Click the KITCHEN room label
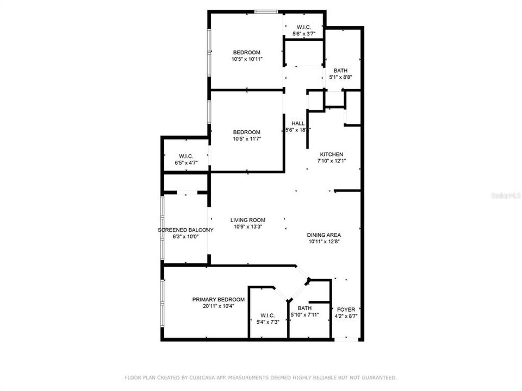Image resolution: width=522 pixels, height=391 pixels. [x=331, y=154]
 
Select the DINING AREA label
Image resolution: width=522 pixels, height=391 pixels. [x=325, y=235]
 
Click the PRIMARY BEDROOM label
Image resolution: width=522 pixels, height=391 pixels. [x=213, y=299]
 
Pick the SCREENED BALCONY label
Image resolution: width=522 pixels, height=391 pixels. [x=185, y=230]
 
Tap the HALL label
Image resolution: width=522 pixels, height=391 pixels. [x=298, y=123]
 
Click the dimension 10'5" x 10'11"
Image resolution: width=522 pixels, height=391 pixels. [x=247, y=59]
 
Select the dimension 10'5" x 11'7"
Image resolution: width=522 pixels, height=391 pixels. [x=247, y=139]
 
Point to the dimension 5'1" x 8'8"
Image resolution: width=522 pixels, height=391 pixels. [x=341, y=77]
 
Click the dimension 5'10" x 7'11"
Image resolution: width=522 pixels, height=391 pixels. [x=304, y=314]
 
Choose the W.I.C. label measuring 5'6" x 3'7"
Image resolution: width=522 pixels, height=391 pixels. [x=303, y=28]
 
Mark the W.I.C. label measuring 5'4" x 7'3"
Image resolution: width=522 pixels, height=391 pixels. [x=267, y=316]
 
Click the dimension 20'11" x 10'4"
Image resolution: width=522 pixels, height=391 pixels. [x=213, y=306]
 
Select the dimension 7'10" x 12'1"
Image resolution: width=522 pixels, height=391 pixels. [x=331, y=161]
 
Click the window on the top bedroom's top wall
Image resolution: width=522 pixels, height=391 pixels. [x=267, y=11]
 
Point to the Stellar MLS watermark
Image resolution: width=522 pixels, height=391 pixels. [x=505, y=194]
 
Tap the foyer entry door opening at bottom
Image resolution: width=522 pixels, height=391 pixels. [x=347, y=339]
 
